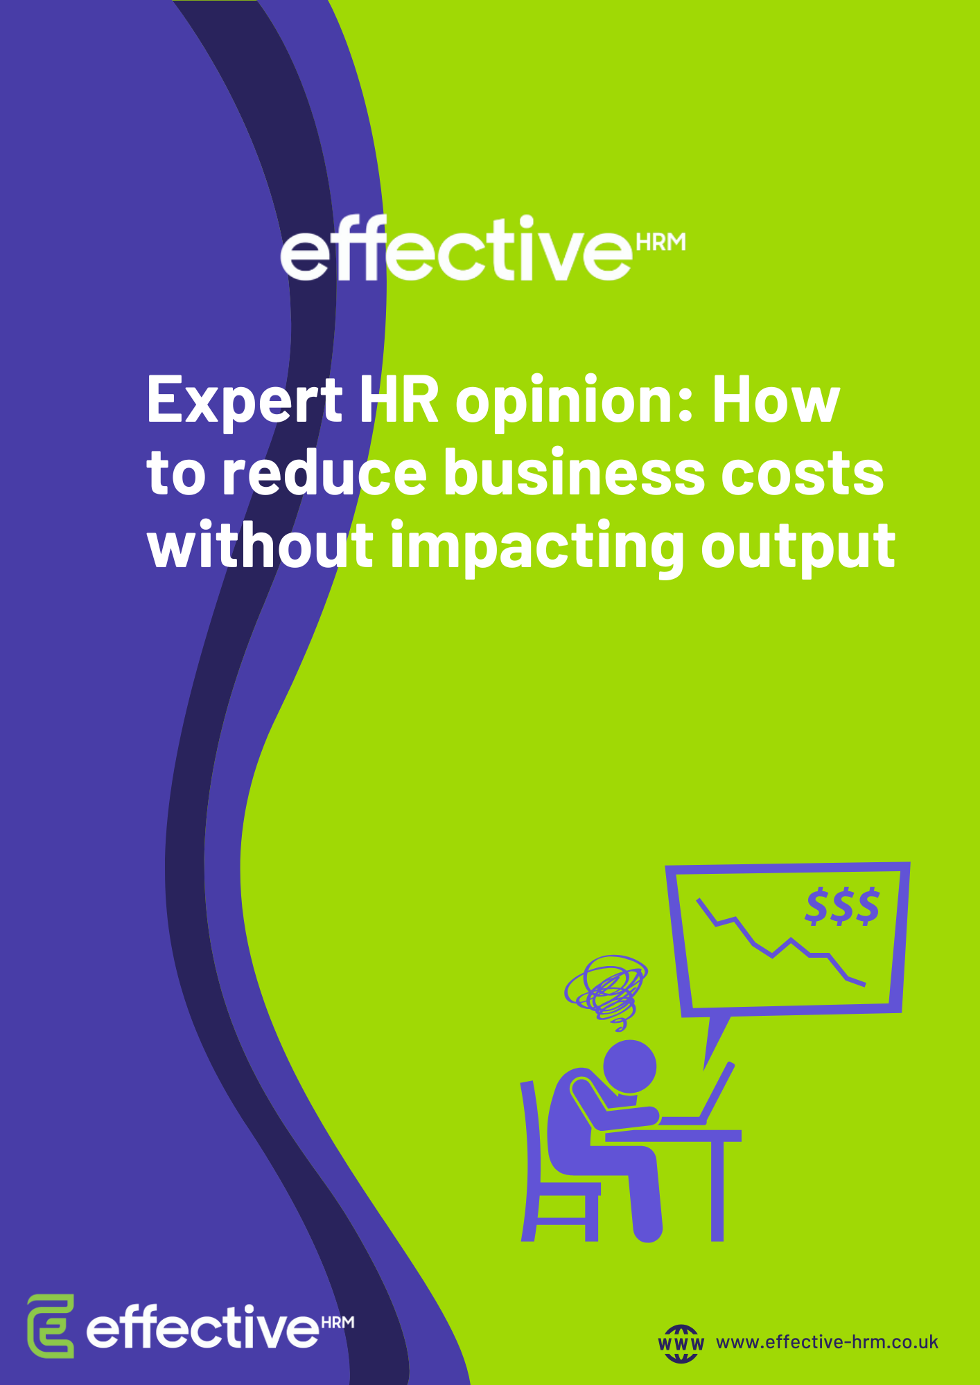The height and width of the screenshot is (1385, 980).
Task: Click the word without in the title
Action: pos(261,546)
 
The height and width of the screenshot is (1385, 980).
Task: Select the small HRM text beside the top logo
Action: pos(660,242)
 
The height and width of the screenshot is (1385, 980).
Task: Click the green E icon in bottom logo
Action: pos(51,1325)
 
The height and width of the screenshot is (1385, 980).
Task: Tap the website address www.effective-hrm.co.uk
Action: pos(827,1342)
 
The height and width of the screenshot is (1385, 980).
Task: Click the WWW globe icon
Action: pos(681,1343)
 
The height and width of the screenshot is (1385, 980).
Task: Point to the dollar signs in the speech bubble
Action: pos(842,906)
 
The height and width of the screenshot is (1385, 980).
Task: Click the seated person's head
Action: pos(629,1067)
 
